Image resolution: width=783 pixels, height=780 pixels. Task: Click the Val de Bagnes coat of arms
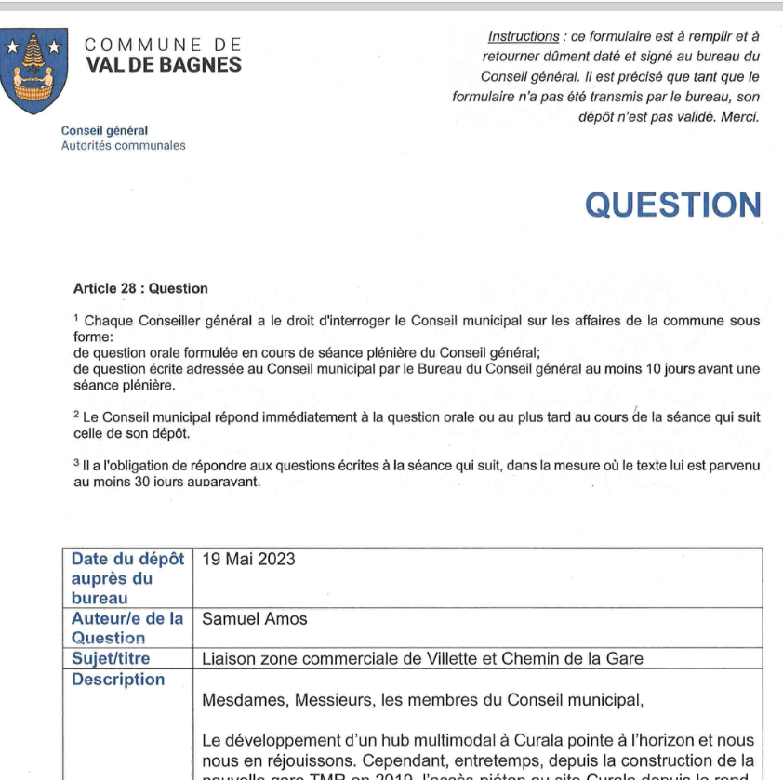(x=34, y=71)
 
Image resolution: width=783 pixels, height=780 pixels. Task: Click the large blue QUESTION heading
(x=672, y=205)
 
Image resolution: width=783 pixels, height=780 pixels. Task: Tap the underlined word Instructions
(x=524, y=36)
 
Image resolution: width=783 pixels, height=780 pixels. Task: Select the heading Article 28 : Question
(x=140, y=289)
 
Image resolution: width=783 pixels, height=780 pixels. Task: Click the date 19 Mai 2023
(x=248, y=559)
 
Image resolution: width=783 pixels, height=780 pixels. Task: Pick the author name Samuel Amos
(x=254, y=618)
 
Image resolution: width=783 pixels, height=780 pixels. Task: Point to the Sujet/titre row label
(x=111, y=658)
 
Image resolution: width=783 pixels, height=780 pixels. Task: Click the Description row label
(x=118, y=680)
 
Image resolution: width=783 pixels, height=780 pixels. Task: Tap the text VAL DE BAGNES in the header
(x=163, y=65)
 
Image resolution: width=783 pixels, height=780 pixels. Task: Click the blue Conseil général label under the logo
(x=104, y=131)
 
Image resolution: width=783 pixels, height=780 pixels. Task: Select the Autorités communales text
(x=123, y=146)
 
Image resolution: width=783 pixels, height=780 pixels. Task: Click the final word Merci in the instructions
(x=740, y=116)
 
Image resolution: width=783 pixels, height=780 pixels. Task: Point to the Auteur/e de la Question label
(x=127, y=628)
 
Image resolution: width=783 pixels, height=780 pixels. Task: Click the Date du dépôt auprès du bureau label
(x=127, y=578)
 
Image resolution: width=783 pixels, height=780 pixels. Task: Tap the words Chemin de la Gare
(x=583, y=658)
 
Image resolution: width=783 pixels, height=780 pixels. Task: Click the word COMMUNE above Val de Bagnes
(x=135, y=45)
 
